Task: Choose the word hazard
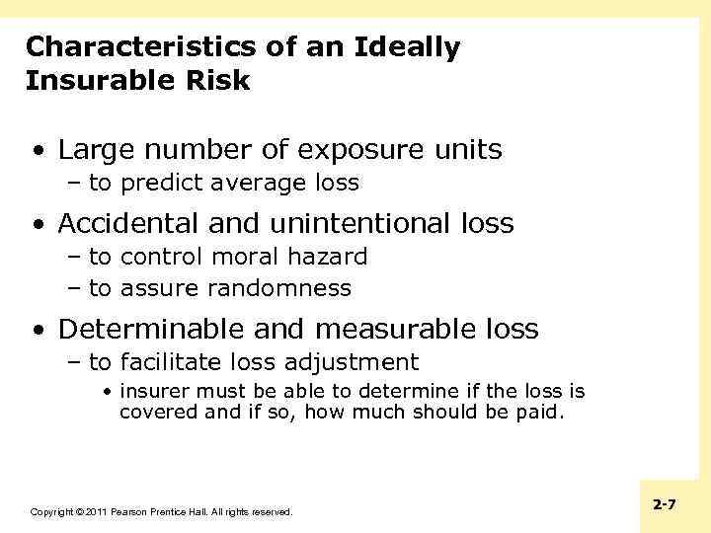(329, 257)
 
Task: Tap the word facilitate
(171, 362)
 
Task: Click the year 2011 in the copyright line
(95, 512)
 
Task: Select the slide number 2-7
(665, 504)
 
